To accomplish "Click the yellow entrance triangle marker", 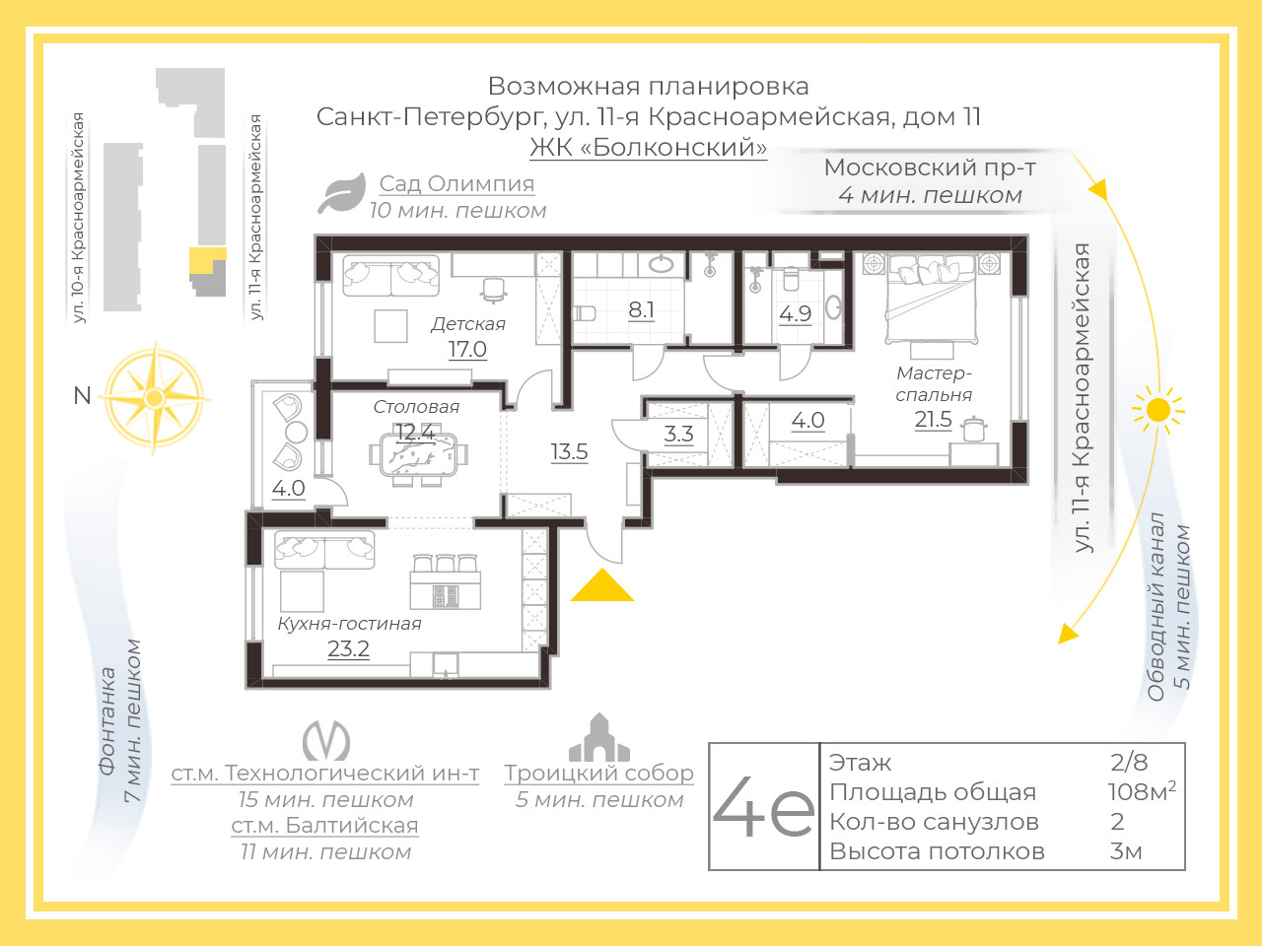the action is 602,586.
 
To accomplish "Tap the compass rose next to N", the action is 154,397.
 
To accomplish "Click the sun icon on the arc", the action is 1157,410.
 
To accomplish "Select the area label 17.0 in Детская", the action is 467,349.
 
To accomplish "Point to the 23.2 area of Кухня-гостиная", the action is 348,648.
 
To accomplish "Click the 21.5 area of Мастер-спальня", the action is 933,420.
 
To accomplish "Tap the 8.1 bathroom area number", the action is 641,310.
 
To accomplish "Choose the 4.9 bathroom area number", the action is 795,313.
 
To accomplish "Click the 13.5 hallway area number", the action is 569,452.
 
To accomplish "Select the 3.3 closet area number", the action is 678,434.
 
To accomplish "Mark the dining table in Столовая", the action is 418,454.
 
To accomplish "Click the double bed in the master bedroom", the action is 931,299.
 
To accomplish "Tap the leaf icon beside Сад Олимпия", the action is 343,193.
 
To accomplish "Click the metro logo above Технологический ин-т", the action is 326,740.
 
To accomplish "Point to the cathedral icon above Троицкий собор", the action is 599,737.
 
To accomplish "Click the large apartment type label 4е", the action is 763,806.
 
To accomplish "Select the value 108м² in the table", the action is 1142,791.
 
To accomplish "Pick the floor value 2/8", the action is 1129,762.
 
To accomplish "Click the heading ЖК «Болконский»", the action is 648,147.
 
